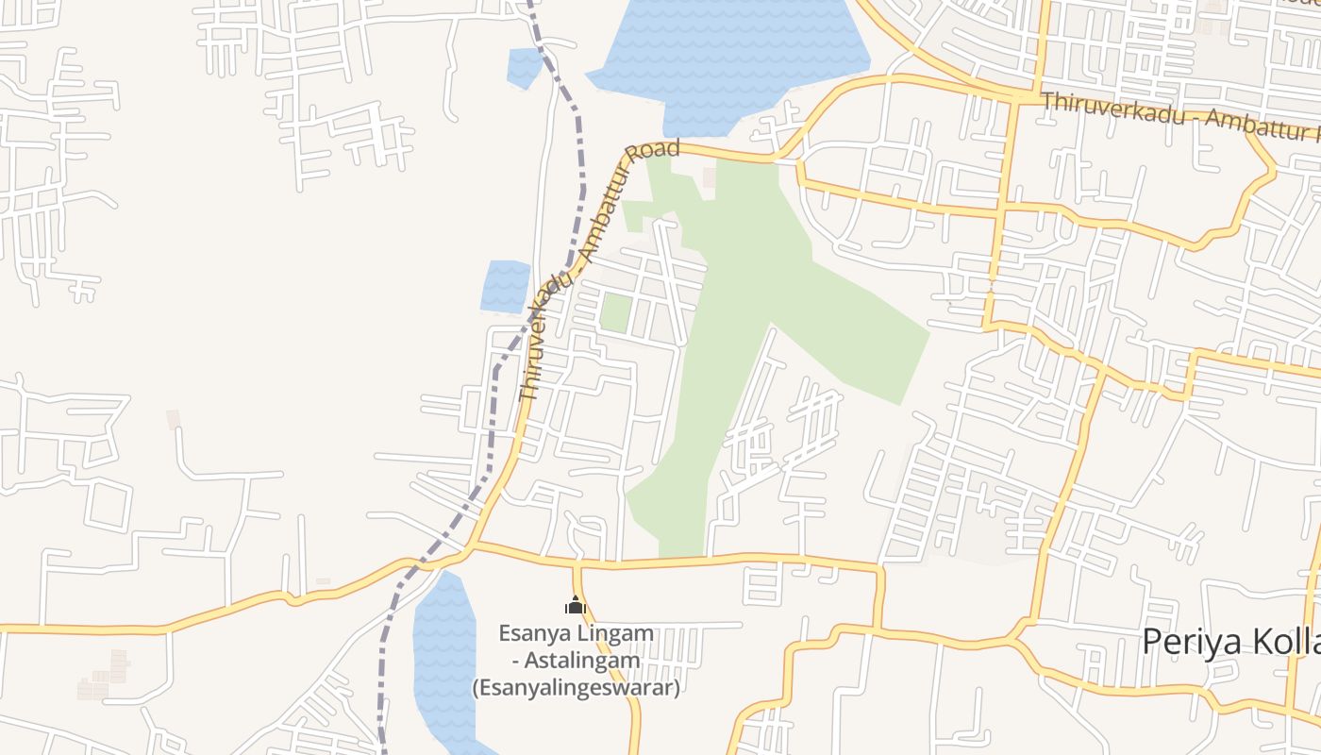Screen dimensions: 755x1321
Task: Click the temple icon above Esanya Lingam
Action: pyautogui.click(x=576, y=606)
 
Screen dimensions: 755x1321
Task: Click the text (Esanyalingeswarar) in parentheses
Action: pyautogui.click(x=576, y=687)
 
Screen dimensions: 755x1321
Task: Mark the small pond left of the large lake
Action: pyautogui.click(x=524, y=66)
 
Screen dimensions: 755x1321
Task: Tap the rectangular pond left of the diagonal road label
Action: pyautogui.click(x=506, y=286)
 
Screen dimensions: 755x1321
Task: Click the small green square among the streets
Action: pyautogui.click(x=615, y=312)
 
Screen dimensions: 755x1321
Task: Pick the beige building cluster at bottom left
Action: pyautogui.click(x=106, y=676)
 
